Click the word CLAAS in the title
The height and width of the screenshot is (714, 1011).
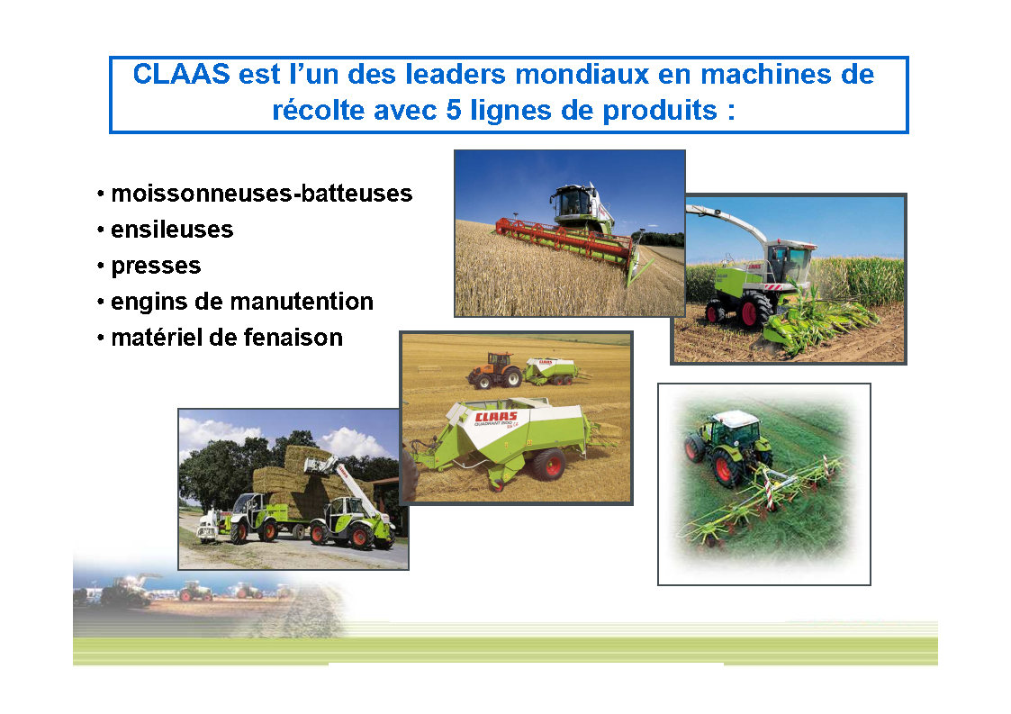pyautogui.click(x=181, y=74)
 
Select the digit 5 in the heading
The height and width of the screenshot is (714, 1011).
pyautogui.click(x=453, y=110)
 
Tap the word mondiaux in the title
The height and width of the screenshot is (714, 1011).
pyautogui.click(x=582, y=74)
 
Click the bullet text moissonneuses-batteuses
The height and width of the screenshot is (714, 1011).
pyautogui.click(x=262, y=194)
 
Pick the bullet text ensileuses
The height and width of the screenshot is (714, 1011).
pyautogui.click(x=172, y=230)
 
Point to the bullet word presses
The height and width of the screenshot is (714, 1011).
pyautogui.click(x=156, y=267)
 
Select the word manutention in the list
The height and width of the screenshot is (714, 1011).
pyautogui.click(x=301, y=302)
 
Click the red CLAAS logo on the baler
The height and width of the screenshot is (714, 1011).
pyautogui.click(x=496, y=417)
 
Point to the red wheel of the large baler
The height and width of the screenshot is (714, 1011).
pyautogui.click(x=549, y=464)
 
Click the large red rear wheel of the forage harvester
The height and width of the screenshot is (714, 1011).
pyautogui.click(x=754, y=311)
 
